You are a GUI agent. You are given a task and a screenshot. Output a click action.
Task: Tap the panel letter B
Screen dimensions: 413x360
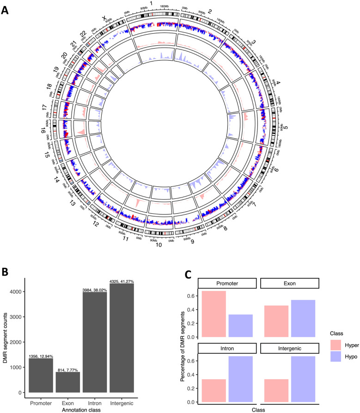[7, 271]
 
